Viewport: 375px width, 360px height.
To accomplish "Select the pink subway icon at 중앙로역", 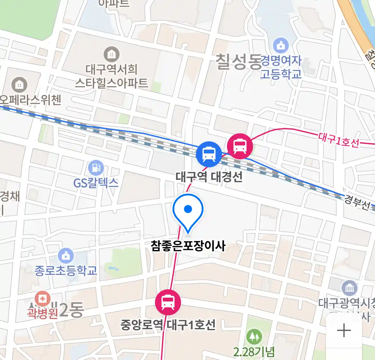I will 168,302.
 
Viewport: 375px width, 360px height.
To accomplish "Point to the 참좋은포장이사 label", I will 188,246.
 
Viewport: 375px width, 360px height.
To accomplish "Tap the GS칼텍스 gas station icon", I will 96,168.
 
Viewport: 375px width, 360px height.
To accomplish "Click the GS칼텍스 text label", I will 96,183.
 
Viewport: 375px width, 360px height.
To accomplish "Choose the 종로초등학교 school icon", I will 66,256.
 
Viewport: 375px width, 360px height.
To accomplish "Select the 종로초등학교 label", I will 66,270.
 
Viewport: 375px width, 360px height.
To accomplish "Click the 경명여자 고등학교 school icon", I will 281,45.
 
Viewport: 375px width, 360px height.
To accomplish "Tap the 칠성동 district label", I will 238,62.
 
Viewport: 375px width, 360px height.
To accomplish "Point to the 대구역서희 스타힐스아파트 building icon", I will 111,54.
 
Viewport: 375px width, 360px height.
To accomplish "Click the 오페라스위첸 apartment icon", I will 19,85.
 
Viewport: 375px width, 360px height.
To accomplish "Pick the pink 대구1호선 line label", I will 339,140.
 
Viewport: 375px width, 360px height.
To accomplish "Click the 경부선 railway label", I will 357,202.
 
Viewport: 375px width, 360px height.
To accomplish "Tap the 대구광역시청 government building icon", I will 349,289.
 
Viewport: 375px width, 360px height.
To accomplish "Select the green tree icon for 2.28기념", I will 254,337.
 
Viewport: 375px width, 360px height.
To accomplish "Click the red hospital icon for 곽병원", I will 42,298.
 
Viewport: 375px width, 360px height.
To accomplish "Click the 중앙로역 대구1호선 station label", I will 168,325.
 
